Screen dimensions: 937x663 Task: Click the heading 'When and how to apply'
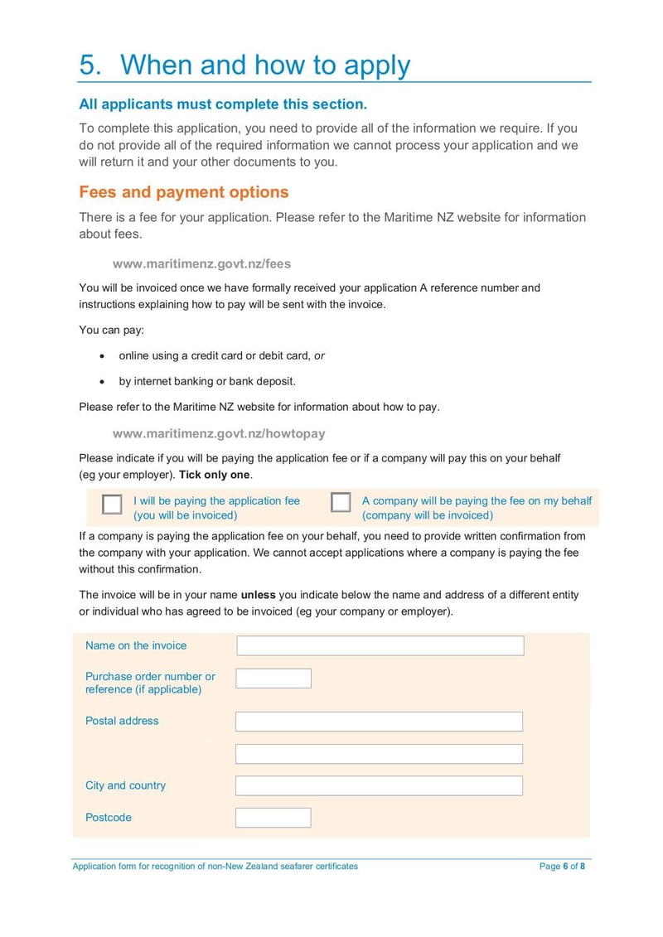point(265,65)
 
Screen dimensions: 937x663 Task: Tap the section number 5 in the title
point(90,65)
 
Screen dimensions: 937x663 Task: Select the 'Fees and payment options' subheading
point(183,192)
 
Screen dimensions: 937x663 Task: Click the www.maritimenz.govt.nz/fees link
point(201,263)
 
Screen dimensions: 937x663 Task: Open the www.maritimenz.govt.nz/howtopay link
point(219,433)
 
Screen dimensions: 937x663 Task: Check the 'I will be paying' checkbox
point(112,505)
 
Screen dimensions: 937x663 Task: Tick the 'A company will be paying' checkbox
point(341,503)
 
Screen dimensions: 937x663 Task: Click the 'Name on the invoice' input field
point(380,645)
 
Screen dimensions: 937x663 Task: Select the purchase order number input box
point(273,679)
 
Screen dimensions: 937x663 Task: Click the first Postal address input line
point(379,722)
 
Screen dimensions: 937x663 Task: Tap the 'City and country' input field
point(379,785)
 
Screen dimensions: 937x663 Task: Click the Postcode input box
point(273,818)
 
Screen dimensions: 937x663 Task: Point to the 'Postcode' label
point(109,818)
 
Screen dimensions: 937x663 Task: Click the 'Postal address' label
point(122,721)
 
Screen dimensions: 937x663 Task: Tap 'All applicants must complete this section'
point(222,104)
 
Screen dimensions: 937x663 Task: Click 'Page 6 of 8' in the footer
point(562,867)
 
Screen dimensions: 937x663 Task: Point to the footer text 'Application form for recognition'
point(215,867)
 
